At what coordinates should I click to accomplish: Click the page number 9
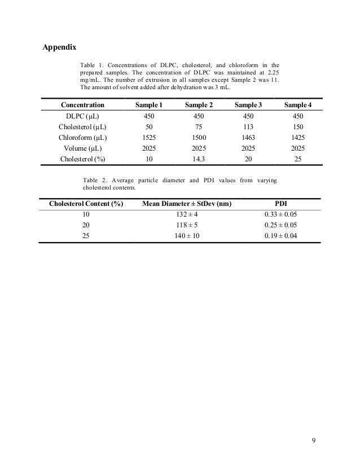[314, 440]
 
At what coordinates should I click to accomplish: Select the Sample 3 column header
[248, 105]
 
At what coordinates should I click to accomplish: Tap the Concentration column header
[82, 105]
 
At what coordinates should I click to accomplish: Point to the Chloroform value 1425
[297, 137]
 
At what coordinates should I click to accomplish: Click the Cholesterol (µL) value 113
[248, 126]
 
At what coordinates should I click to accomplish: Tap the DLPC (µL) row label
[82, 116]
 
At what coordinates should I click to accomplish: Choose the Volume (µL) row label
[82, 148]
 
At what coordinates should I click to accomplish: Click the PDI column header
[280, 203]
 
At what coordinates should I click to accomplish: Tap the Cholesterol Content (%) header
[86, 203]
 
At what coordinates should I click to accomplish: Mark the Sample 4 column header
[297, 105]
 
